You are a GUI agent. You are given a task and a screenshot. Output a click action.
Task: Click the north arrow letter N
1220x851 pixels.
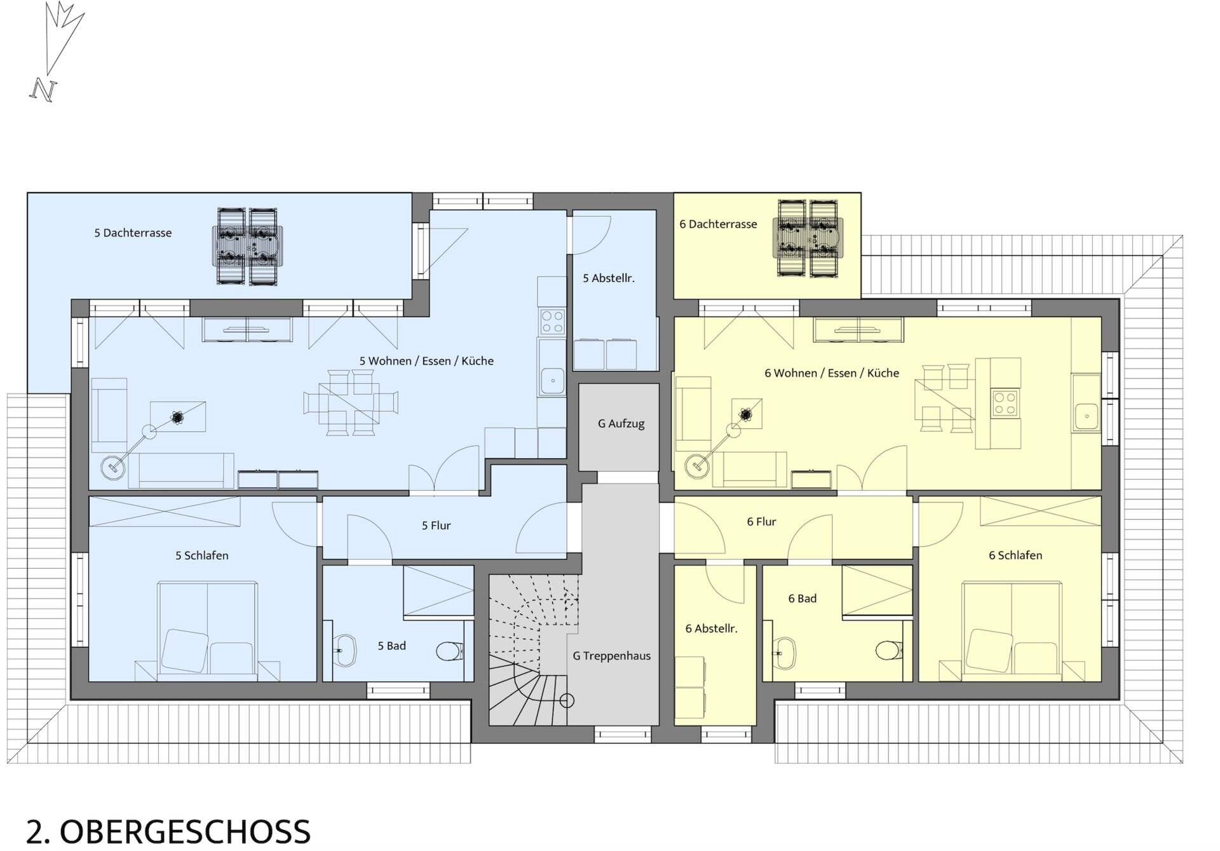(43, 90)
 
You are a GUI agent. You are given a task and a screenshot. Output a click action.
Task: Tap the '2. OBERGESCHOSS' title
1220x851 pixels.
(168, 832)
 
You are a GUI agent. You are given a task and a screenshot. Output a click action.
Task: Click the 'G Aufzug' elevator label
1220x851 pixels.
(621, 424)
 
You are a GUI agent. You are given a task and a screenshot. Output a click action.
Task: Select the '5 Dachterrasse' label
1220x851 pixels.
(133, 233)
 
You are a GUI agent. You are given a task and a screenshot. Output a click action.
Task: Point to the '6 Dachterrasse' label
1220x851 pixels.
(718, 224)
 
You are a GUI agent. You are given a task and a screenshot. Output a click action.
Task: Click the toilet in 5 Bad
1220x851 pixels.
(450, 651)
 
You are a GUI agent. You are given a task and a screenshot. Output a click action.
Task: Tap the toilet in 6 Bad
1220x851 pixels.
(888, 651)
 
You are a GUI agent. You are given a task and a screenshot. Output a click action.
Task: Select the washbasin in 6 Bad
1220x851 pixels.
(783, 653)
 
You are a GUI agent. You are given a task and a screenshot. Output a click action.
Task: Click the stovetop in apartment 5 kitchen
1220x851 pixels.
(552, 321)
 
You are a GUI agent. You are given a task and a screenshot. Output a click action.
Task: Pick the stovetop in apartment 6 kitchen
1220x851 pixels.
(1005, 402)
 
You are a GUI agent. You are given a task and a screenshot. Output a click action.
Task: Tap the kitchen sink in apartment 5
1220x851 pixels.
(552, 381)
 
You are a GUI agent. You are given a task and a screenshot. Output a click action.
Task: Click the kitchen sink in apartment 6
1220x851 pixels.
(1086, 416)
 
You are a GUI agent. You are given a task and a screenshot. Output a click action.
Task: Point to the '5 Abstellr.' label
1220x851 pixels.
(609, 278)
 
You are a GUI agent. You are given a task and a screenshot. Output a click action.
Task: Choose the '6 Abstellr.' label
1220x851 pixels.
(711, 629)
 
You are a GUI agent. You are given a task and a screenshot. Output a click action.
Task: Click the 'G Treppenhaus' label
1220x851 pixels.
(611, 656)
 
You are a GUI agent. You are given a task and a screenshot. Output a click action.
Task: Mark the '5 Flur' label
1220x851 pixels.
(436, 526)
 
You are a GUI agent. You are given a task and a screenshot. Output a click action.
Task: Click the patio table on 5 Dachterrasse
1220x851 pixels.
(247, 246)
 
